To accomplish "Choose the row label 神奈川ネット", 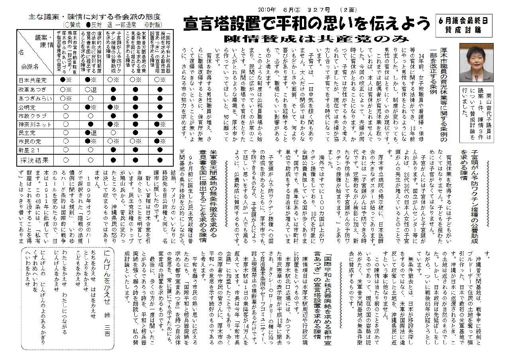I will click(34, 125).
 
